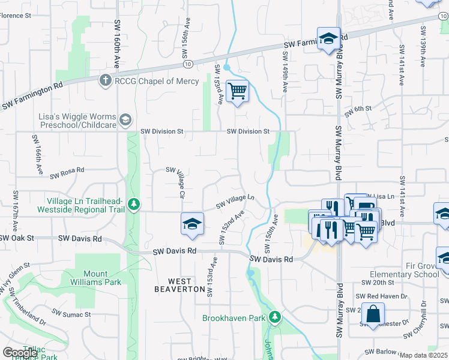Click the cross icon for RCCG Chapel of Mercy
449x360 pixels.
[x=106, y=80]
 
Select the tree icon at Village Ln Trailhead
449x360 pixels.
[x=134, y=205]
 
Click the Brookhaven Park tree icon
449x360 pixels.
[x=275, y=317]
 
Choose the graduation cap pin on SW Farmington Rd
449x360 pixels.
[x=328, y=39]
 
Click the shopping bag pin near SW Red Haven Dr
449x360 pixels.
[x=373, y=314]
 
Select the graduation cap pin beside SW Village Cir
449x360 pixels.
[x=192, y=224]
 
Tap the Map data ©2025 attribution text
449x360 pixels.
[x=423, y=355]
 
